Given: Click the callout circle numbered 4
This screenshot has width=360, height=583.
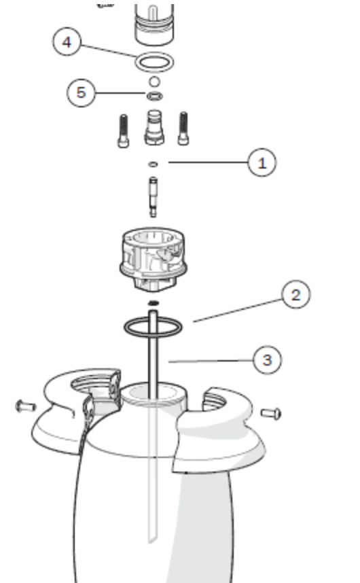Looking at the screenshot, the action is pyautogui.click(x=67, y=41).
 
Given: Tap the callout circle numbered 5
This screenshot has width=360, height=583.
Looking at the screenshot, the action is pyautogui.click(x=81, y=92).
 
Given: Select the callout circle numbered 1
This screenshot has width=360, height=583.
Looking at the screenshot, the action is pyautogui.click(x=262, y=162).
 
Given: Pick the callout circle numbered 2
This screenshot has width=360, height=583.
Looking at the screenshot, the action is pyautogui.click(x=296, y=294).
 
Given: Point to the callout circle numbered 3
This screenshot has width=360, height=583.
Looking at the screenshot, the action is pyautogui.click(x=267, y=360).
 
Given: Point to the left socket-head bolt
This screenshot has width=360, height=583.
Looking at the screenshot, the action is pyautogui.click(x=124, y=131).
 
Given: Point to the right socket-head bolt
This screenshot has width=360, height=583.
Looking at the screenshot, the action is pyautogui.click(x=183, y=128).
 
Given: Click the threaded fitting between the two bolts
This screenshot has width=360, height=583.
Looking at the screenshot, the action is pyautogui.click(x=154, y=127).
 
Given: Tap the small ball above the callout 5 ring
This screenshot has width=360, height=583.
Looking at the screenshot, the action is pyautogui.click(x=154, y=82).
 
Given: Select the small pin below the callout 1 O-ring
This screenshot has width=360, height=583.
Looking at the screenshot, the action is pyautogui.click(x=153, y=197).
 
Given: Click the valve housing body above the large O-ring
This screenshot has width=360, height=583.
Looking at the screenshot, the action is pyautogui.click(x=153, y=260).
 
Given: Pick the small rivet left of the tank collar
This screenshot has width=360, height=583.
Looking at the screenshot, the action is pyautogui.click(x=25, y=406).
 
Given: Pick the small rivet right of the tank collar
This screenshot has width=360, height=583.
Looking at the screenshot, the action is pyautogui.click(x=271, y=413).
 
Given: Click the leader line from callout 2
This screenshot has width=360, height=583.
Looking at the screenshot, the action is pyautogui.click(x=238, y=311).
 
